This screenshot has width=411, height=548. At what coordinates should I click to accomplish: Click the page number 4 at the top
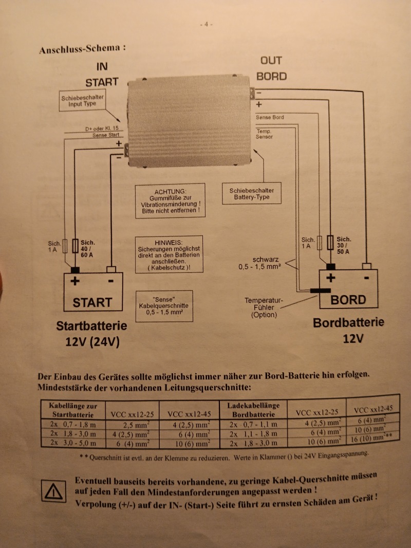(x=206, y=24)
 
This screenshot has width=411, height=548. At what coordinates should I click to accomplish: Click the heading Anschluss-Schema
(x=82, y=49)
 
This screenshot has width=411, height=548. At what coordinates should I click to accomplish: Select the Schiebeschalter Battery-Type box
(x=252, y=194)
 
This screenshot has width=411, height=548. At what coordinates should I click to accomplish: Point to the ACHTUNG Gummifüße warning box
(x=170, y=200)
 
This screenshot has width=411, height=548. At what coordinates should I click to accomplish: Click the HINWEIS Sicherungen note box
(x=169, y=254)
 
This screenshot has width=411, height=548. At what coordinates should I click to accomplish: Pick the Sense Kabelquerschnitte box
(x=164, y=306)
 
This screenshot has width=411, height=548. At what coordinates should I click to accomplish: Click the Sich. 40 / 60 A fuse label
(x=88, y=248)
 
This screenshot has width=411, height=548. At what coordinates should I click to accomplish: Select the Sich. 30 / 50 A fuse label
(x=344, y=245)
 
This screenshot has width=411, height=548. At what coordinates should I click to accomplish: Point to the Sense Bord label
(x=269, y=118)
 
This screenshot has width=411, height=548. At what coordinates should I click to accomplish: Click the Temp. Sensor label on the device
(x=265, y=134)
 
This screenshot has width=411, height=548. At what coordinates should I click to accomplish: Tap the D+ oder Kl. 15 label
(x=102, y=128)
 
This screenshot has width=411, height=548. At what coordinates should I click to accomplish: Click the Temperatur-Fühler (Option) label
(x=264, y=307)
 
